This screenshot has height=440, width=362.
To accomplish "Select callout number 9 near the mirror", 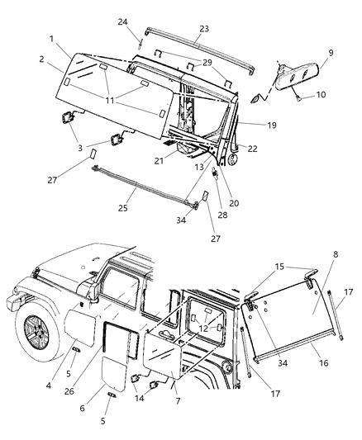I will click(x=331, y=53).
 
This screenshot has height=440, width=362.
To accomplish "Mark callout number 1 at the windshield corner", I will click(x=51, y=39).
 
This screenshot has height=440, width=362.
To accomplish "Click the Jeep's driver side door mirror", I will click(x=88, y=289).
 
